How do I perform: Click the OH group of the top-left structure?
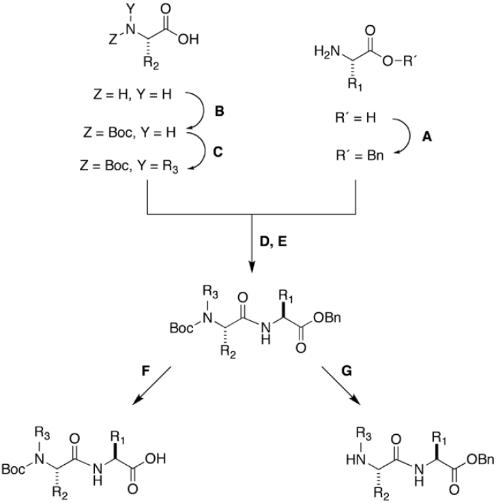[x=189, y=40]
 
